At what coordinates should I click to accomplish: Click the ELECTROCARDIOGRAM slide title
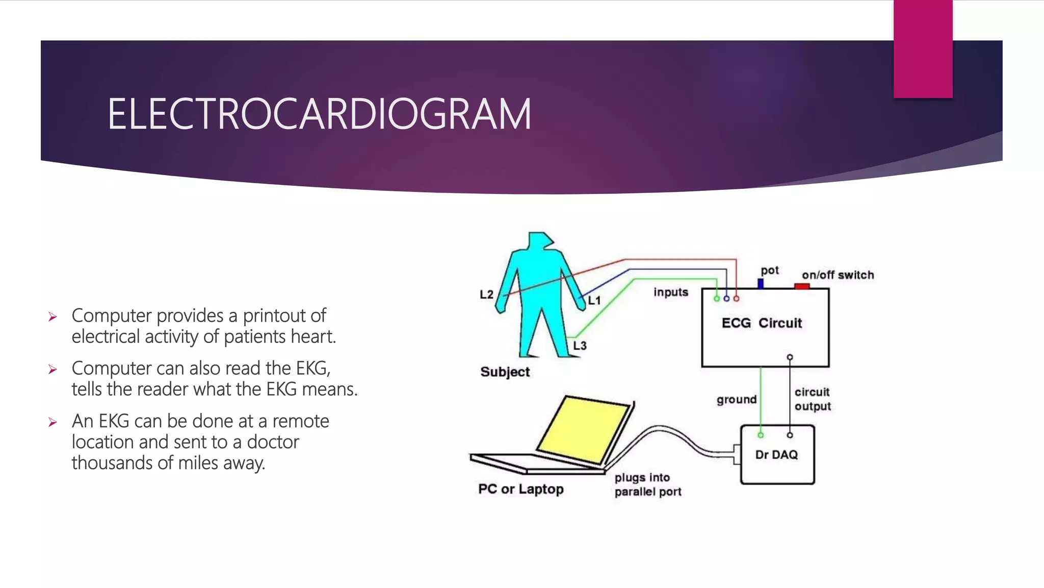pos(319,114)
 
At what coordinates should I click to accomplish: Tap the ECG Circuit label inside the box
pos(762,323)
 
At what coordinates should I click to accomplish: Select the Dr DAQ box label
pos(776,455)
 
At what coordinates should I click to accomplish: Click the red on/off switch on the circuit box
pos(802,286)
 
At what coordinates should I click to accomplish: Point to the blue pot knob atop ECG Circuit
pos(761,283)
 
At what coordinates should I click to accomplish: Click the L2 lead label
pos(486,295)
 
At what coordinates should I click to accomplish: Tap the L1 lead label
pos(594,301)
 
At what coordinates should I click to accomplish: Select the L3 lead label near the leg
pos(580,346)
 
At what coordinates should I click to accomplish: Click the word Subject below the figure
pos(505,372)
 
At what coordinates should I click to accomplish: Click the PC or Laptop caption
pos(520,489)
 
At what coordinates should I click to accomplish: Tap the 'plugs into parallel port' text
pos(647,485)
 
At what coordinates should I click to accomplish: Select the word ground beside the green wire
pos(736,400)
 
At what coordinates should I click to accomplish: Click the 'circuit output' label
pos(812,399)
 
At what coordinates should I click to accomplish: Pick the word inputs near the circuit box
pos(670,292)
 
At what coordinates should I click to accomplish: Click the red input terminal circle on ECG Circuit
pos(736,299)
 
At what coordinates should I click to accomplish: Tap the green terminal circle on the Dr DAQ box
pos(761,435)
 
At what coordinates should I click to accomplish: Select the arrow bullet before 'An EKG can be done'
pos(53,422)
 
